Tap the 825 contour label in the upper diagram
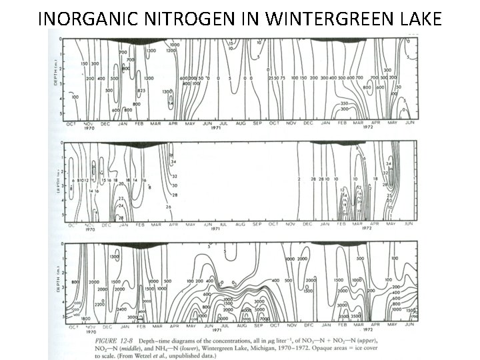click(x=141, y=90)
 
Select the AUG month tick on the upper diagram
click(x=239, y=125)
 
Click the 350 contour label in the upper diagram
click(x=345, y=103)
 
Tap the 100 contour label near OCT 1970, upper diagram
click(x=75, y=97)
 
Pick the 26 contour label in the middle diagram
click(x=169, y=207)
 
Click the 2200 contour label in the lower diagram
click(x=99, y=303)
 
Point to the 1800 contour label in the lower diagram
click(x=86, y=319)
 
